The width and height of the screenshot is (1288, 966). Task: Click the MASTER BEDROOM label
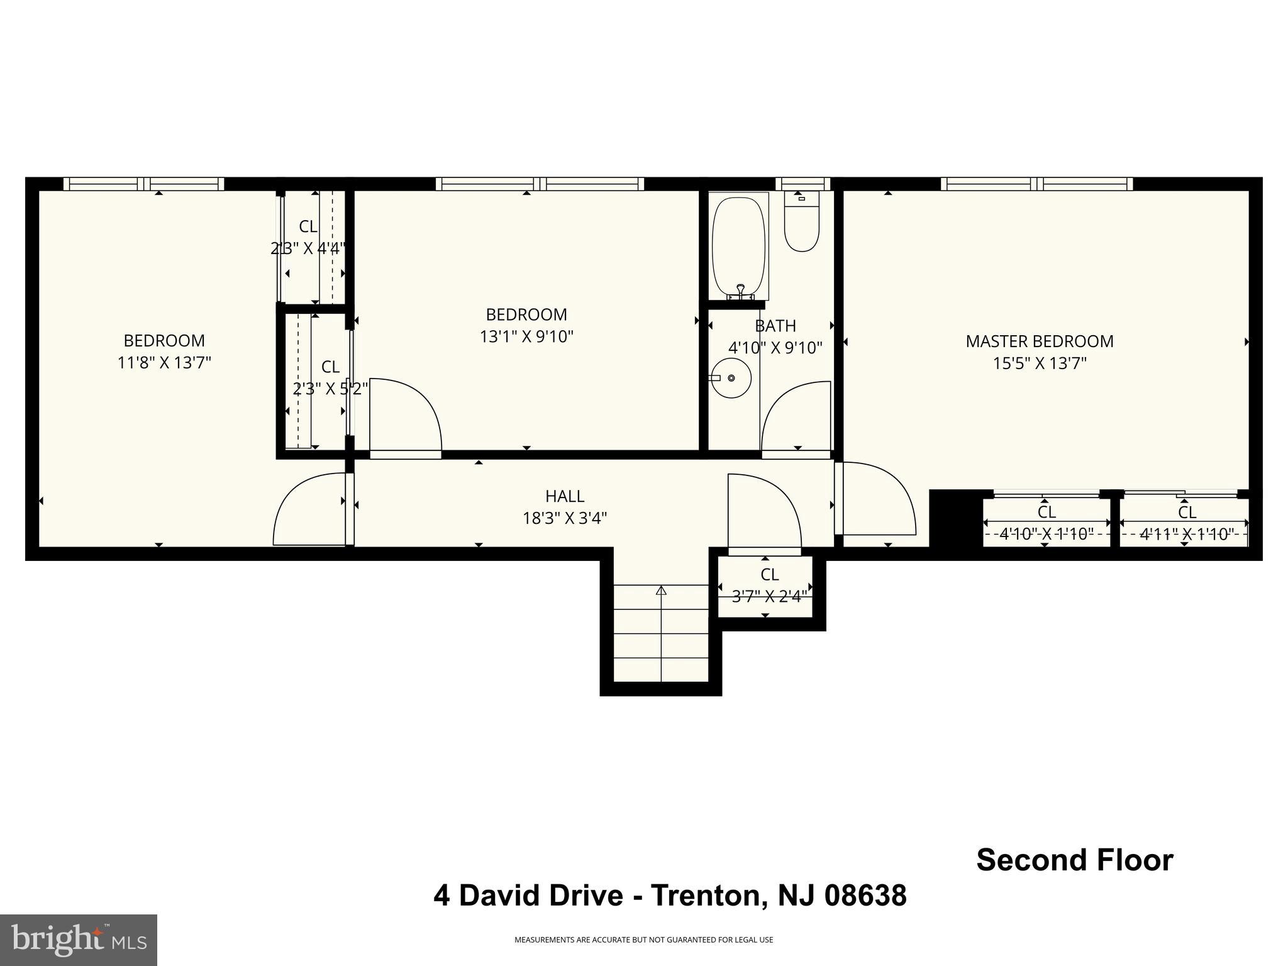(1039, 341)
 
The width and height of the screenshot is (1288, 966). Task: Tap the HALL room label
(564, 496)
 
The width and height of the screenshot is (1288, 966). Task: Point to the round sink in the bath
(731, 378)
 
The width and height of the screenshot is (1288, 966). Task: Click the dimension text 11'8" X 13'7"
(164, 363)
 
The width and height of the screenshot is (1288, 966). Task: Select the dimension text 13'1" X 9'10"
(526, 336)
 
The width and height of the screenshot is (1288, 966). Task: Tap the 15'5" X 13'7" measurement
(1039, 364)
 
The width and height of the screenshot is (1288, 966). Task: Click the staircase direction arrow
(661, 591)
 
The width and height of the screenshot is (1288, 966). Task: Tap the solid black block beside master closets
(955, 518)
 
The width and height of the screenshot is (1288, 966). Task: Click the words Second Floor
(1074, 860)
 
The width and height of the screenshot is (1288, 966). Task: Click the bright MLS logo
(79, 940)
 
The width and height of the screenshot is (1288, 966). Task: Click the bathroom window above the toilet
(802, 184)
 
